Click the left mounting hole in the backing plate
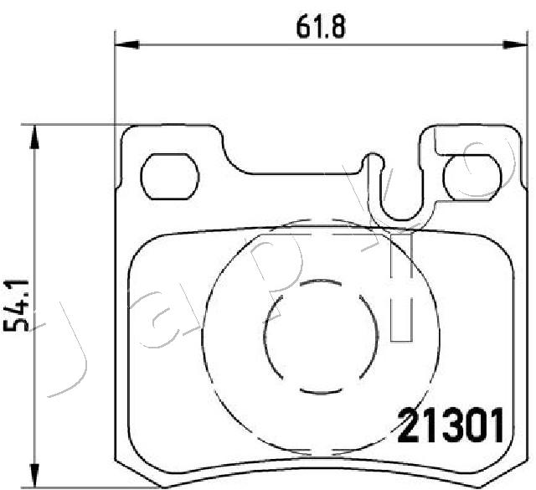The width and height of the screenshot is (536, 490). [x=168, y=177]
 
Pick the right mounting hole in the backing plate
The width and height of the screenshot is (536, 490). [x=470, y=177]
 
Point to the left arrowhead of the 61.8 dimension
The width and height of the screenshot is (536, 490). [x=122, y=44]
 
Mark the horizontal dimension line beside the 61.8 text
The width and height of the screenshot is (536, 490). [x=209, y=44]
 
